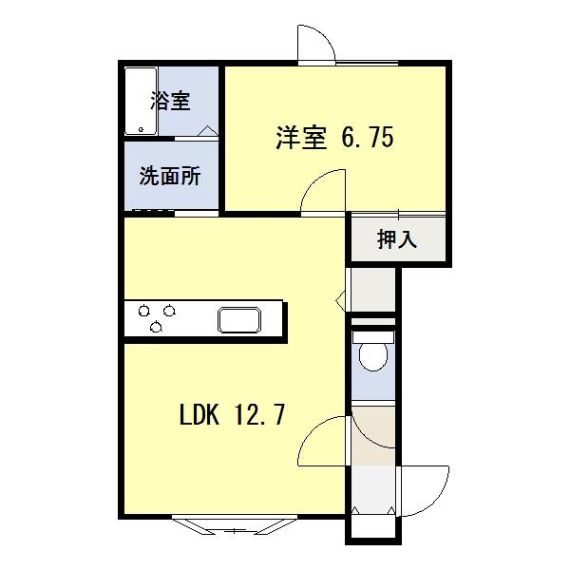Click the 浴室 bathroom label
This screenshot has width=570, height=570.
point(170,100)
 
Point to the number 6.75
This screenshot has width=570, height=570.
point(366,139)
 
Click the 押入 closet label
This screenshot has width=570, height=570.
point(397,239)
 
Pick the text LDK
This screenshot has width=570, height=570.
point(199,415)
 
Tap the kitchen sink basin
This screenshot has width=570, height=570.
point(238,319)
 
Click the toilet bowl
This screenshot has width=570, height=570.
point(372,355)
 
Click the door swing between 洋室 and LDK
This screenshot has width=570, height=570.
point(324,191)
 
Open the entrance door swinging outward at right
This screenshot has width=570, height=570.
point(427,487)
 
